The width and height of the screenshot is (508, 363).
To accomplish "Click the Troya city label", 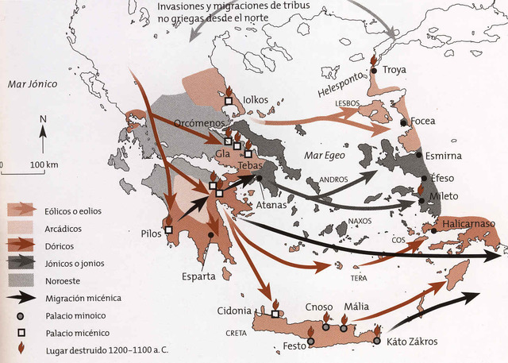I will click(394, 70).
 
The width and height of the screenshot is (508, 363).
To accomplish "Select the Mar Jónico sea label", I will click(29, 83).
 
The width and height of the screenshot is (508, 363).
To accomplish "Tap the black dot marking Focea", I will click(404, 122).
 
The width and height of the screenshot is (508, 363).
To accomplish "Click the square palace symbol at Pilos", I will click(168, 230).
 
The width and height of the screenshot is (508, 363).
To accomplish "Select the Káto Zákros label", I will click(412, 342).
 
